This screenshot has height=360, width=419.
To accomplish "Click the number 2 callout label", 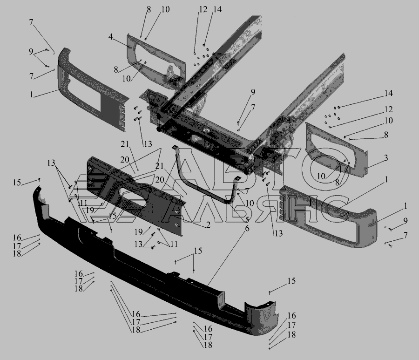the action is coord(208,225).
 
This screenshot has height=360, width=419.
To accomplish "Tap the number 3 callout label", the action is coord(386,158).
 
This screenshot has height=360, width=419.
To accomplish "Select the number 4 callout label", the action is coord(111,37).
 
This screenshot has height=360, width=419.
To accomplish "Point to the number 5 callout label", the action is coord(247,220).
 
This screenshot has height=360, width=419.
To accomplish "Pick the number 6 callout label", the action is coord(247,229).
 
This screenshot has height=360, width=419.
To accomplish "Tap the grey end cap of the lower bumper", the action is coord(261,318).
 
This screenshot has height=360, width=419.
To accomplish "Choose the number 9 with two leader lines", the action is coord(31,52).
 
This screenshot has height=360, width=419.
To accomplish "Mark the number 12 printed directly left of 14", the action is coord(203,10).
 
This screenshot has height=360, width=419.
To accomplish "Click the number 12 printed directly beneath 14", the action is coord(388,109).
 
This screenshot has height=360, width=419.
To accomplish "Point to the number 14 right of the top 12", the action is coord(217,9).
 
